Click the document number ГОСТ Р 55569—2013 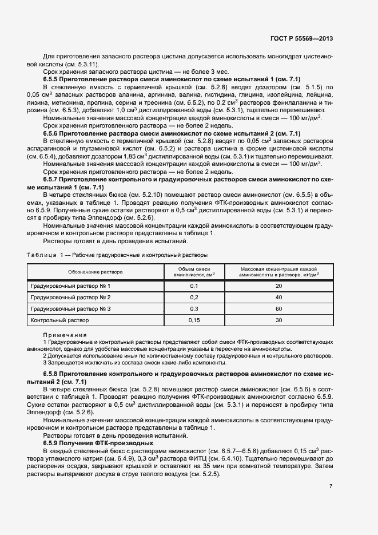tap(301, 39)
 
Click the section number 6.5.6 tap(54, 133)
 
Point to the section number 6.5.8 tap(54, 372)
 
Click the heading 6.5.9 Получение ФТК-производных tap(98, 443)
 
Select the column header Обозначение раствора tap(95, 272)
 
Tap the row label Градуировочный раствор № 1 tap(70, 286)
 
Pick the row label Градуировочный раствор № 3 tap(70, 309)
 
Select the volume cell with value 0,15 tap(193, 320)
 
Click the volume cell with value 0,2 tap(193, 298)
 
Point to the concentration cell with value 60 tap(278, 309)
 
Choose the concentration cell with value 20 tap(278, 286)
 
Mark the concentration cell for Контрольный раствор tap(278, 320)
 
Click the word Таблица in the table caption tap(41, 254)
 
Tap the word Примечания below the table tap(65, 335)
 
